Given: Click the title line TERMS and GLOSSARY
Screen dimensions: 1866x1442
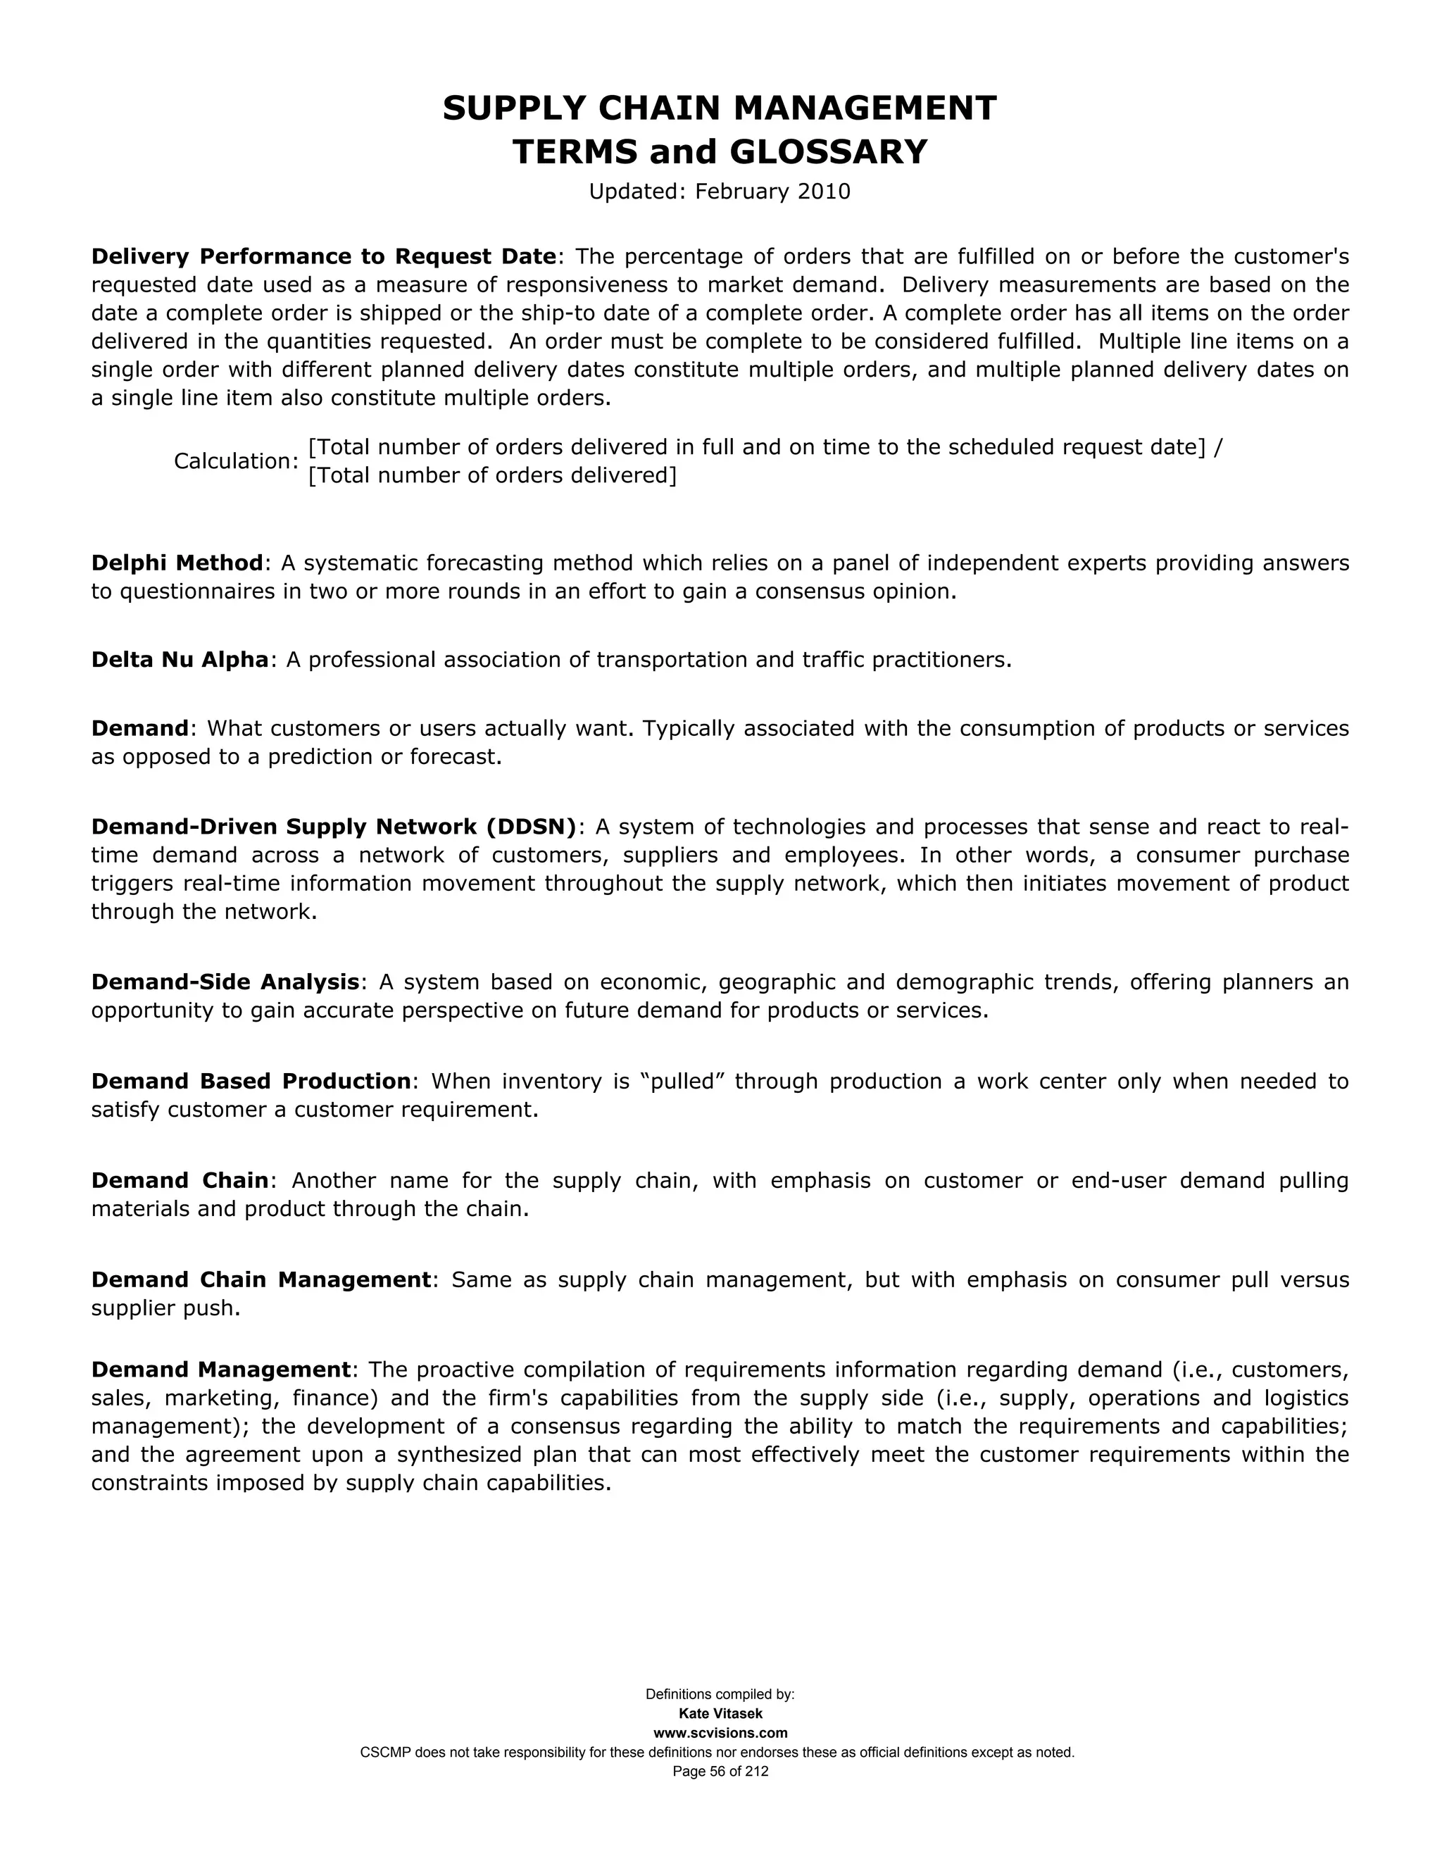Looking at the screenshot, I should click(720, 152).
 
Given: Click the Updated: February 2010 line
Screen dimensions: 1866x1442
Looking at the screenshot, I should click(720, 192).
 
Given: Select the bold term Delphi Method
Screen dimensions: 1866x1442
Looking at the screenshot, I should click(177, 563).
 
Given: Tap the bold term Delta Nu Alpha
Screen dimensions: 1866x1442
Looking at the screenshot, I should click(180, 660).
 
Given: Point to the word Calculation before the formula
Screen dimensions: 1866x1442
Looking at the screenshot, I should click(233, 461).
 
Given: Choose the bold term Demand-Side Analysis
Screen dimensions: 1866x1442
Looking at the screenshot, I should click(225, 982).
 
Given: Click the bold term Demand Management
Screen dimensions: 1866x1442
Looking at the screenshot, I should click(221, 1370).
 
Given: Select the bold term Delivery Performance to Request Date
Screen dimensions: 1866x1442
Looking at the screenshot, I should click(324, 256).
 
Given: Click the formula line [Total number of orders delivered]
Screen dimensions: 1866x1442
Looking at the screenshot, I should click(492, 475).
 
